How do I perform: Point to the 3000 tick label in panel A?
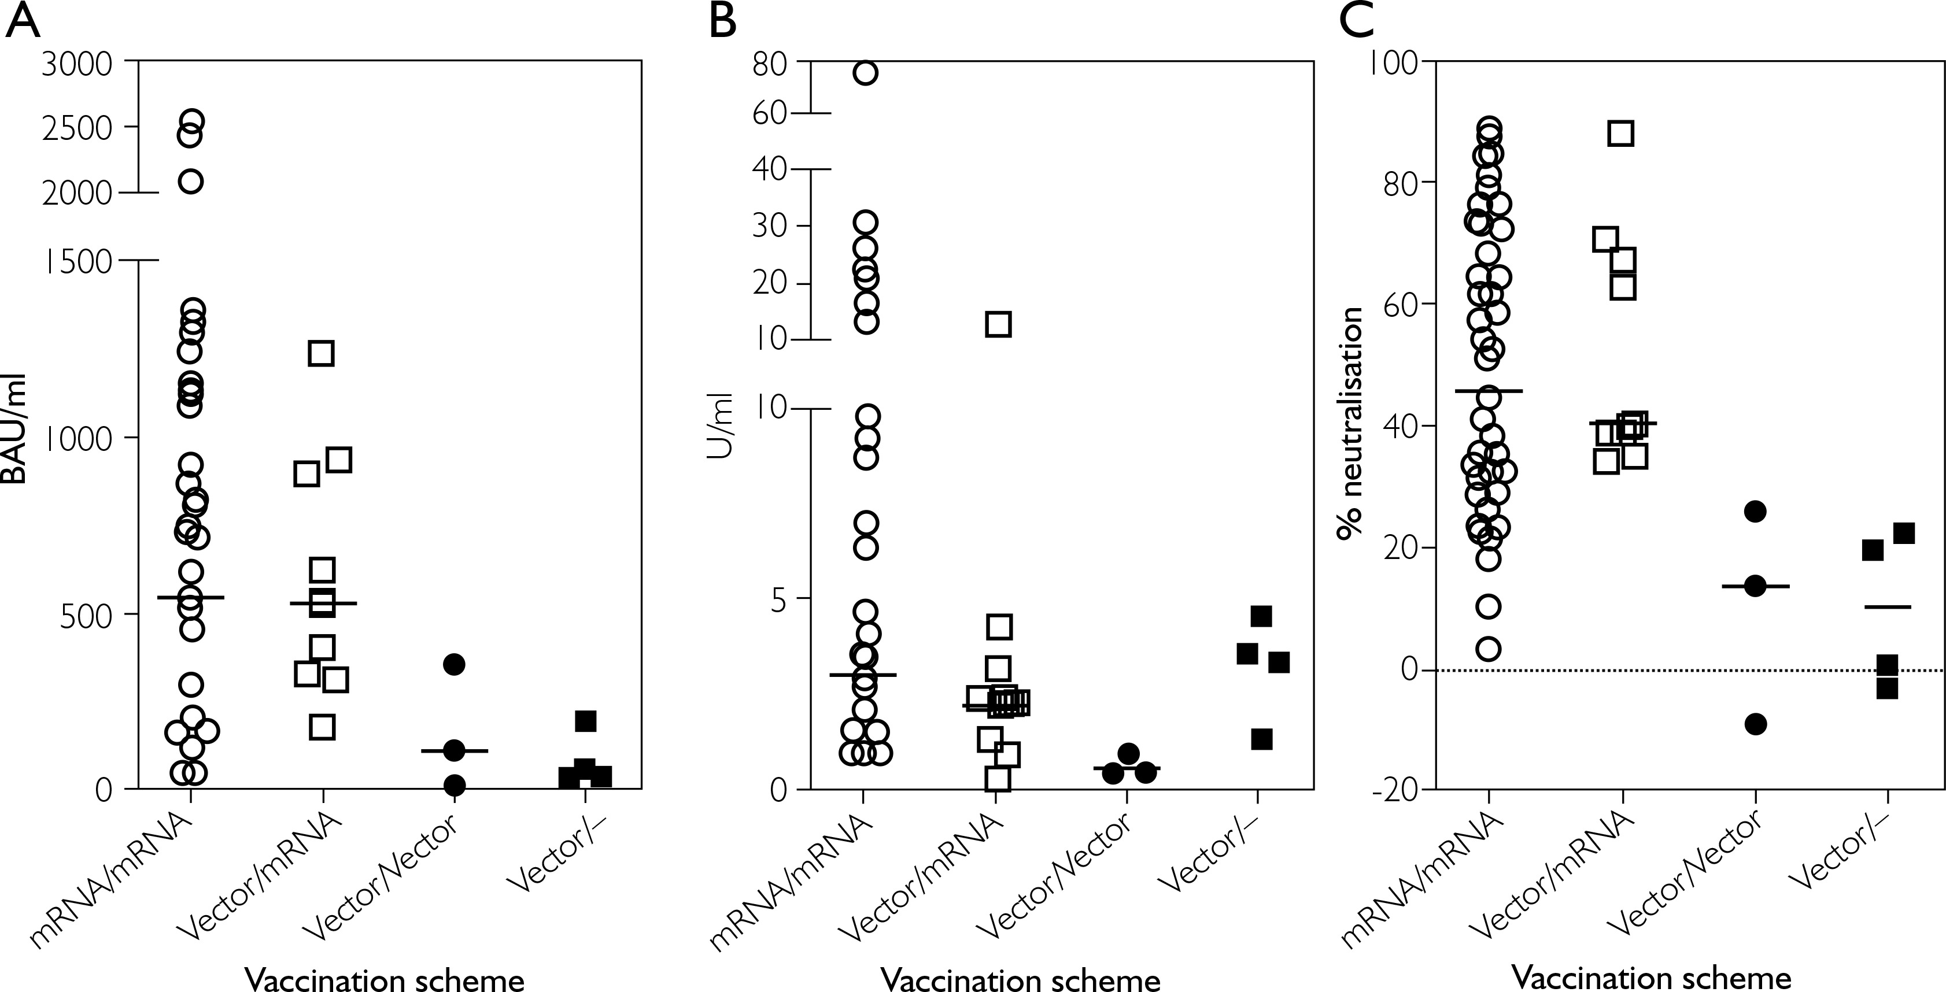76,64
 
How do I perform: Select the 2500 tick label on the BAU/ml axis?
76,128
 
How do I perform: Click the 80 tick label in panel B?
770,64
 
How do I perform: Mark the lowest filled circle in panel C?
1755,724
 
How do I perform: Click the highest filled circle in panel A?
453,664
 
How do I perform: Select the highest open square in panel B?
998,324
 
